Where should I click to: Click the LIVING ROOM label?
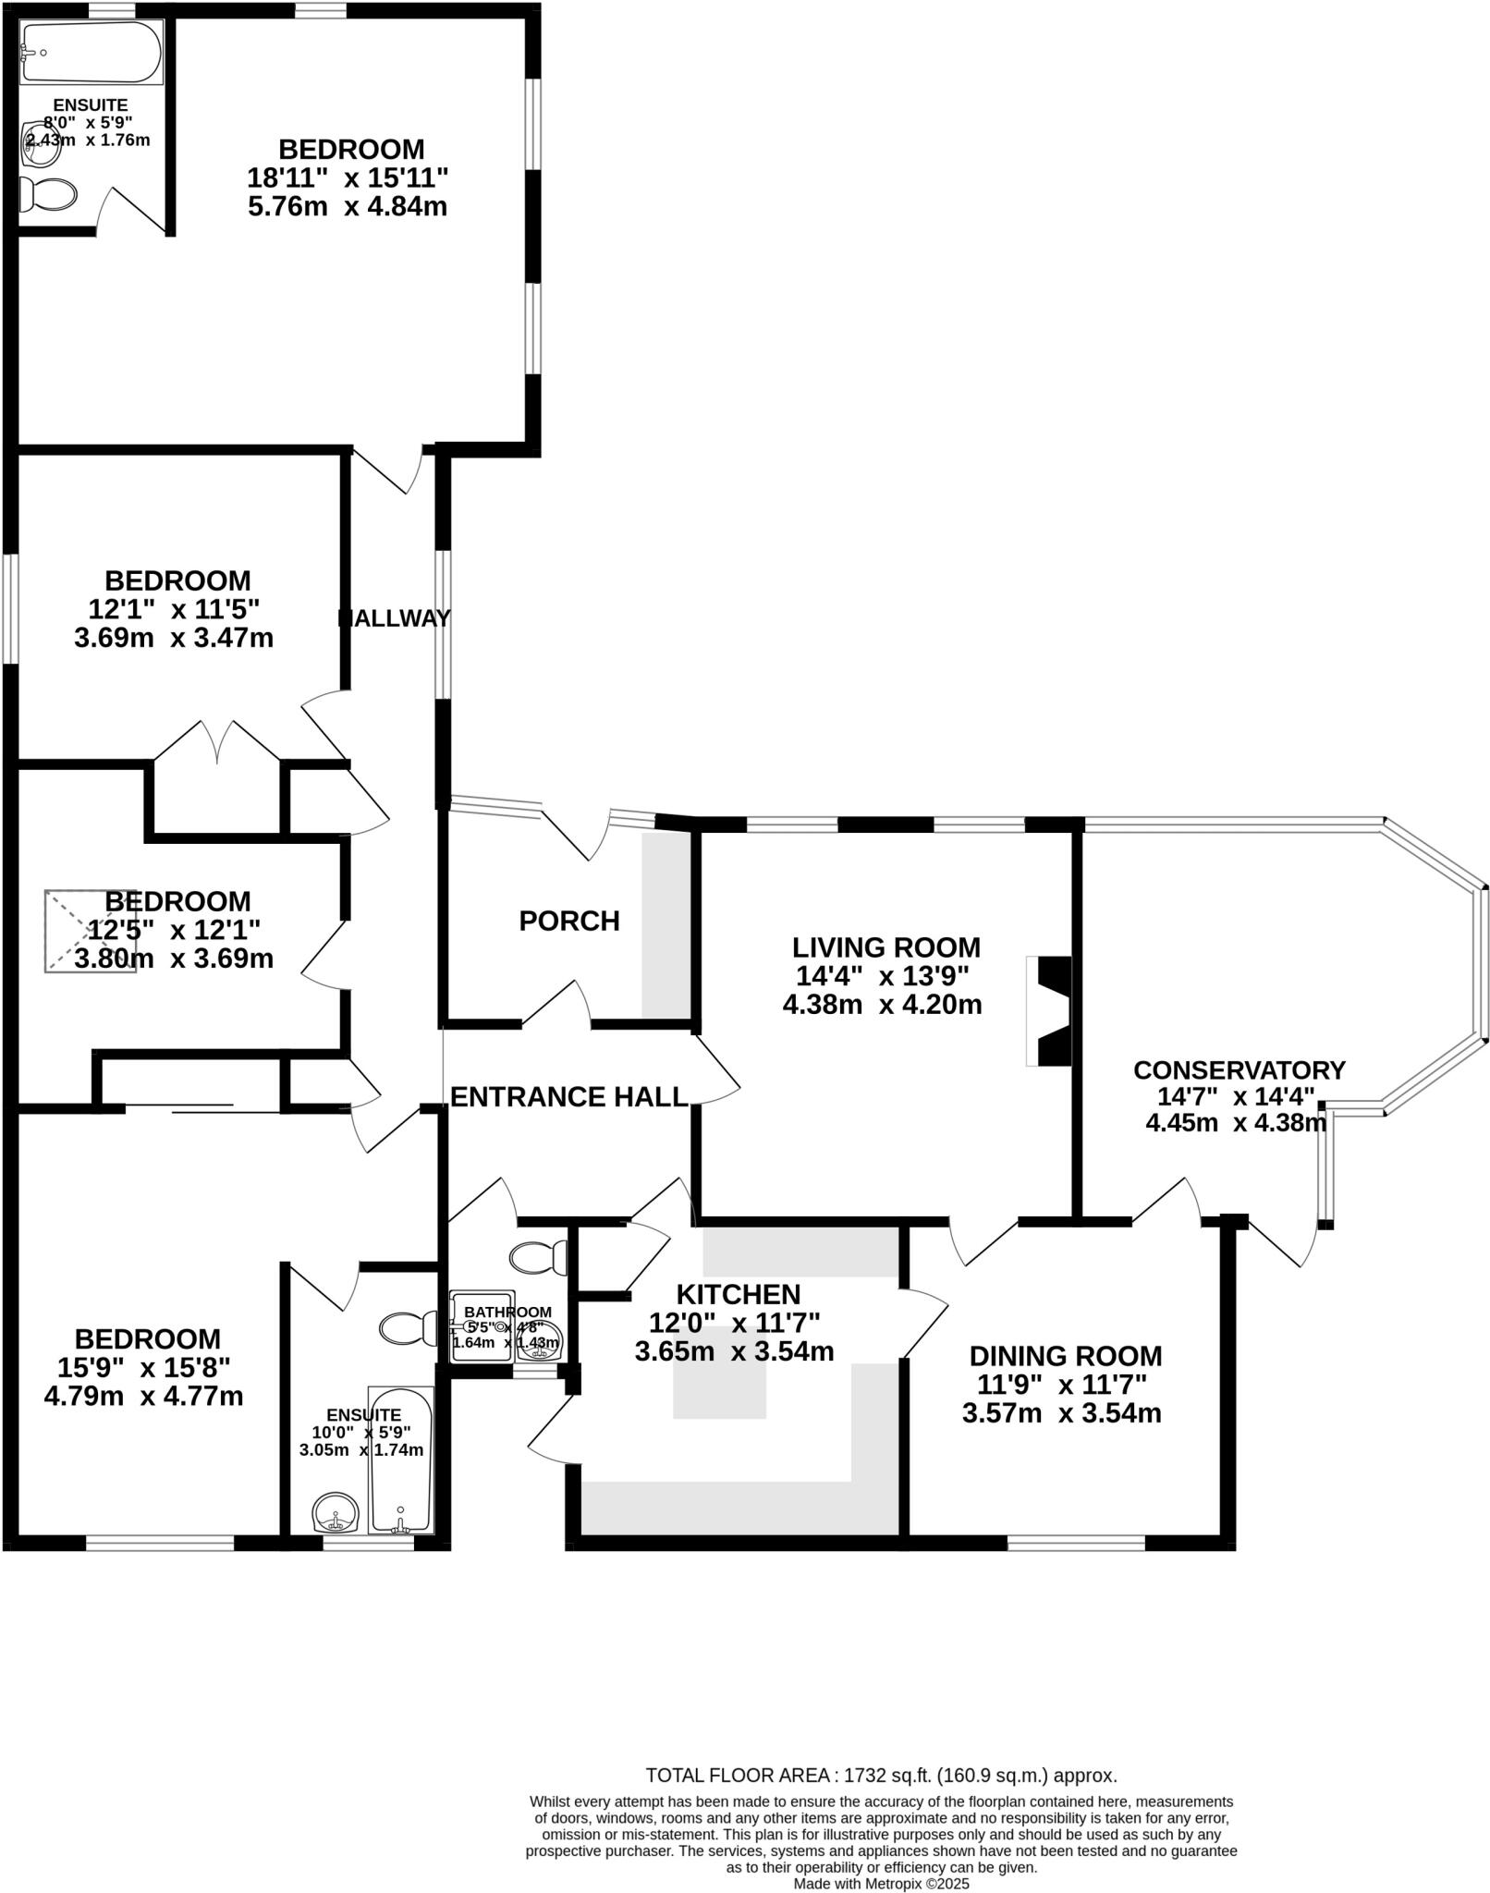[885, 947]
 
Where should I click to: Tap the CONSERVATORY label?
[1239, 1069]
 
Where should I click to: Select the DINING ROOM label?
[1065, 1356]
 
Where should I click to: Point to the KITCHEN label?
[738, 1294]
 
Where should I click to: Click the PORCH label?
[568, 921]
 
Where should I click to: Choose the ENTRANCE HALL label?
[568, 1096]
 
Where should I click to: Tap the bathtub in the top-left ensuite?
[90, 52]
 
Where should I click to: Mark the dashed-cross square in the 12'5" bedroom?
[90, 931]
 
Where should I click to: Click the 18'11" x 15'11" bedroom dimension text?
[348, 177]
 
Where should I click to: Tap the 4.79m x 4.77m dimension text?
[143, 1396]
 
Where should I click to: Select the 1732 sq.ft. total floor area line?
[881, 1776]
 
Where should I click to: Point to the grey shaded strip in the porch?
[666, 925]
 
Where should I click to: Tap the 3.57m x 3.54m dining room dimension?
[1061, 1413]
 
